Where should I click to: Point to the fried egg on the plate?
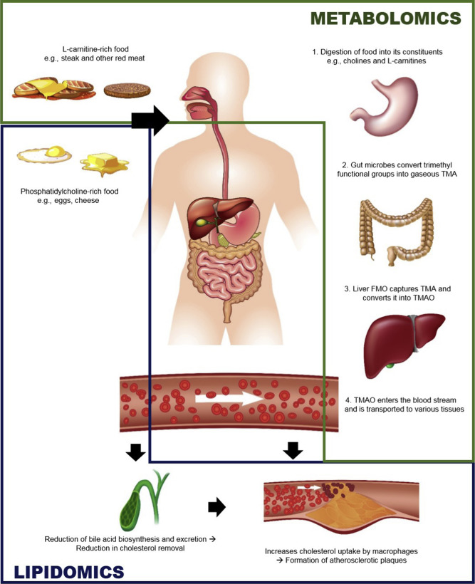44,153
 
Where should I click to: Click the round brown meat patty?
127,90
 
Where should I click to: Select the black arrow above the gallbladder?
135,452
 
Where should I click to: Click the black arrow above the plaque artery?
293,450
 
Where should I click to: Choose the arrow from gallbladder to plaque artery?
216,507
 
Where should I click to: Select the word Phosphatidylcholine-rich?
58,192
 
